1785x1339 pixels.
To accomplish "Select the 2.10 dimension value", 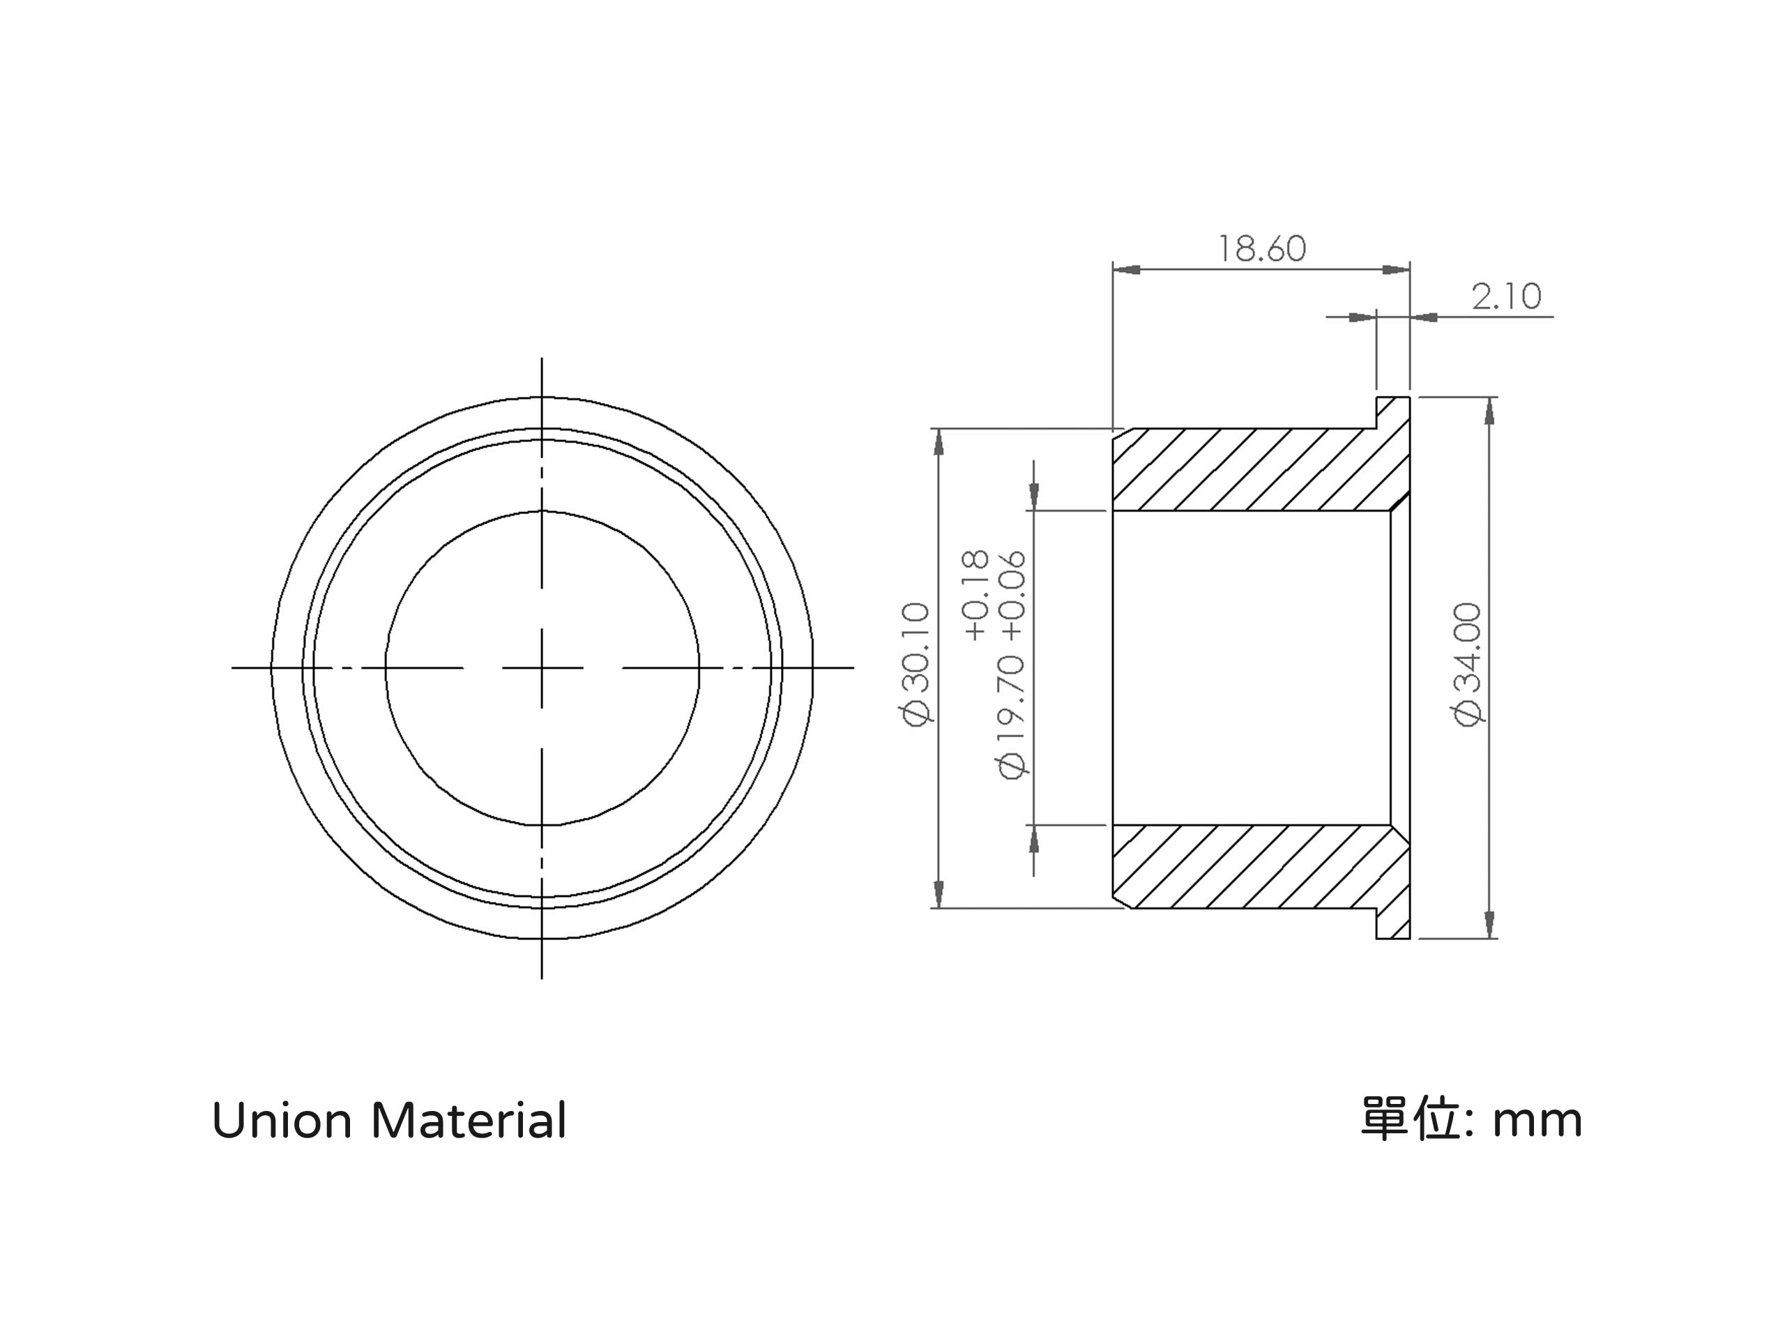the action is [x=1506, y=297].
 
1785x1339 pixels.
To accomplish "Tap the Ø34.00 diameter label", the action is [x=1468, y=664].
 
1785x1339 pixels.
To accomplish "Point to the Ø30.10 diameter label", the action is [x=917, y=664].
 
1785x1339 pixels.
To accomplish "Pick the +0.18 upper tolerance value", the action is [x=975, y=596].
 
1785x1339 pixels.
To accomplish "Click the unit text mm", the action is [x=1537, y=1123].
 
